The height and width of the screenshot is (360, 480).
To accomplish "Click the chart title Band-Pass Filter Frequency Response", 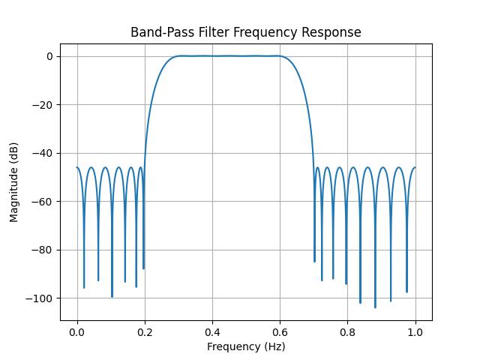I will click(x=246, y=32).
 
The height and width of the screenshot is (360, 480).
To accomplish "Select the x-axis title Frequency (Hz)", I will click(x=246, y=346).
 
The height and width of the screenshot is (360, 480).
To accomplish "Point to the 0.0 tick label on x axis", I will click(x=76, y=331).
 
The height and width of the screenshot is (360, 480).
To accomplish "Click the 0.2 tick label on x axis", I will click(x=144, y=331).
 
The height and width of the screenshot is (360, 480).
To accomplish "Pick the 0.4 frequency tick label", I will click(x=212, y=331).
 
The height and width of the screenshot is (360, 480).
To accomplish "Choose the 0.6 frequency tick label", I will click(x=280, y=331).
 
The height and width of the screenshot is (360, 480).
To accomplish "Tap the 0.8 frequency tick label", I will click(x=347, y=331).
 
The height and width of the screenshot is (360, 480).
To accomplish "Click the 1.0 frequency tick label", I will click(x=415, y=331).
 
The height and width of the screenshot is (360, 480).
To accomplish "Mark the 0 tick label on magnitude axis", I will click(x=49, y=56).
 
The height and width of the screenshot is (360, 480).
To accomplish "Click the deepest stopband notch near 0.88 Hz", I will click(x=375, y=307).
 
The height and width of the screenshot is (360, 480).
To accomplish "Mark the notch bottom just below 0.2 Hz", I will click(x=143, y=268).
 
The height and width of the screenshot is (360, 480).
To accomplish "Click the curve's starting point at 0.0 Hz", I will click(x=76, y=168).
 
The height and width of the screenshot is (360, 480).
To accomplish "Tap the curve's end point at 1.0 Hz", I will click(x=415, y=168).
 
